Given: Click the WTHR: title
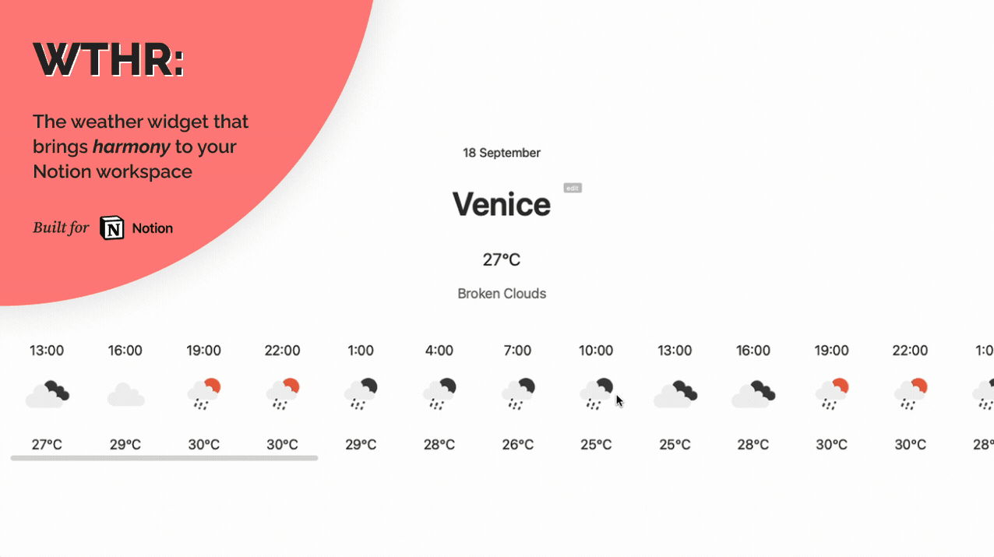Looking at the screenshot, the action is tap(109, 60).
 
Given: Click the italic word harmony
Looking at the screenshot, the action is tap(132, 147).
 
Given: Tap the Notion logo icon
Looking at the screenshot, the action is tap(112, 228).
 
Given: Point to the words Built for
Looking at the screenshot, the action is tap(61, 227).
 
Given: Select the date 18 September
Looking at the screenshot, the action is tap(502, 153).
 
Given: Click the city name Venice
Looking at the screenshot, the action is tap(502, 204).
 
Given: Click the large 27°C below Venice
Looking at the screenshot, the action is tap(502, 259).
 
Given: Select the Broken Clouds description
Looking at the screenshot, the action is tap(502, 294).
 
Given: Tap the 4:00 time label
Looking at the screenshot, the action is tap(439, 351).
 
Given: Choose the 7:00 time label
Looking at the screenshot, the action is tap(517, 351).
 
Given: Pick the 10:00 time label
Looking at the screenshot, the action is tap(596, 351).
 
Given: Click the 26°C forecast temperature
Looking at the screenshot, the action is tap(517, 444).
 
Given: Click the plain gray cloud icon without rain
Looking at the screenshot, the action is tap(126, 394).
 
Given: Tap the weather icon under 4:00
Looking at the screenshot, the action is tap(439, 393).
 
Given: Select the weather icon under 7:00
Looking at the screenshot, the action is tap(518, 393).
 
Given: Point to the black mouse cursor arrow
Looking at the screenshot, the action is tap(619, 401).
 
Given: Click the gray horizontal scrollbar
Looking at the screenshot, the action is tap(164, 458).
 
